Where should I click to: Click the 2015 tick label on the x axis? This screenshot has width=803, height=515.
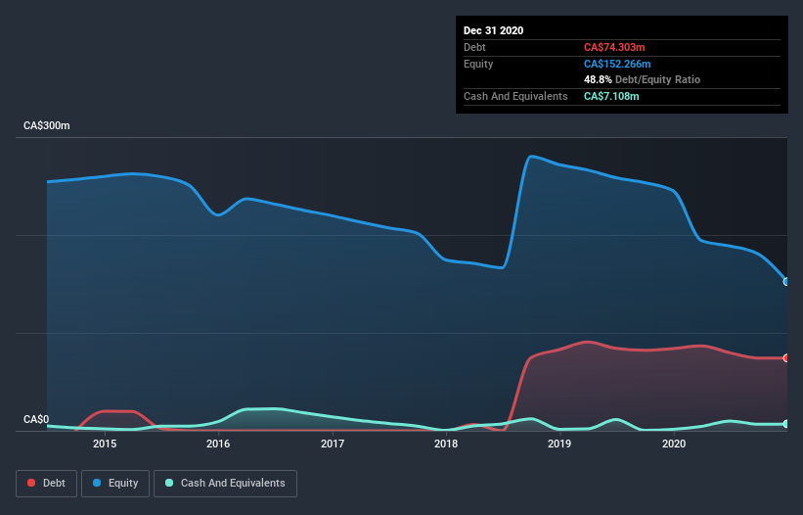[105, 445]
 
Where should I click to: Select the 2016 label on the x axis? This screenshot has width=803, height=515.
[218, 445]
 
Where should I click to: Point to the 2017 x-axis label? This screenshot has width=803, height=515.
[333, 445]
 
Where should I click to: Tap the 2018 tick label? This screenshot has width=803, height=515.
[446, 445]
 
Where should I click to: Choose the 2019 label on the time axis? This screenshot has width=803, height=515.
[559, 445]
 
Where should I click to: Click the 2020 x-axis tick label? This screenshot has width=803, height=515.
[674, 445]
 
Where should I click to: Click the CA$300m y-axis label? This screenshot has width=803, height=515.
[47, 126]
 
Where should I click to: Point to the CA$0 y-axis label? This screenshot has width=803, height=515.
[36, 419]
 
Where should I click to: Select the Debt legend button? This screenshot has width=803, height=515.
[47, 483]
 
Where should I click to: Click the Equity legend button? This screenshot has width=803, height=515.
[115, 483]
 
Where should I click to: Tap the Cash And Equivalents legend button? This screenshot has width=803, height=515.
[225, 483]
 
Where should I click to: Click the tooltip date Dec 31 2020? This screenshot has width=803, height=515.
[494, 30]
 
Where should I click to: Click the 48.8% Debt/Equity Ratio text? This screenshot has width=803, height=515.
[642, 79]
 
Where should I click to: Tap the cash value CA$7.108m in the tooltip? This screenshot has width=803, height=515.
[611, 96]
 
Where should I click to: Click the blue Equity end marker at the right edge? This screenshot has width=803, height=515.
[786, 282]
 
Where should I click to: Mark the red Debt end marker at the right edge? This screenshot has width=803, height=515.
[786, 358]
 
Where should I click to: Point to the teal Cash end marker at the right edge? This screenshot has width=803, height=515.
[786, 424]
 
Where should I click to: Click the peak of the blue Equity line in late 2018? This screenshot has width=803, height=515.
[531, 156]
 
